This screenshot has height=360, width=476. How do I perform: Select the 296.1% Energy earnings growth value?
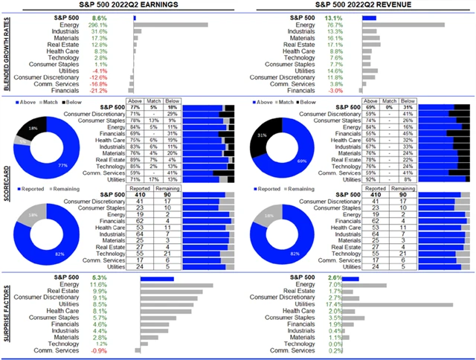(118, 25)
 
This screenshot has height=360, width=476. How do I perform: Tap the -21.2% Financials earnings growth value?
(119, 91)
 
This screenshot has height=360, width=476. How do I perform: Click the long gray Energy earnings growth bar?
(170, 25)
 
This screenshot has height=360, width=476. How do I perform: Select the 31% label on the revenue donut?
(259, 134)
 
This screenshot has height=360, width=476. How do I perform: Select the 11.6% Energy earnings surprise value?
(118, 285)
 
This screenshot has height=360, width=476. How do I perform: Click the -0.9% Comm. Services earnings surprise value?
(119, 351)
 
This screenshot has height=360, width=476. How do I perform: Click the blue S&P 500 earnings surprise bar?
(152, 278)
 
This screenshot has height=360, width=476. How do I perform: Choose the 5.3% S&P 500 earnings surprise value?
(119, 278)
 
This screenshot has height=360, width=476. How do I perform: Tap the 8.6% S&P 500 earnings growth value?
(119, 16)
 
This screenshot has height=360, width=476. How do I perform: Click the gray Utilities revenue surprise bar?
(407, 304)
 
